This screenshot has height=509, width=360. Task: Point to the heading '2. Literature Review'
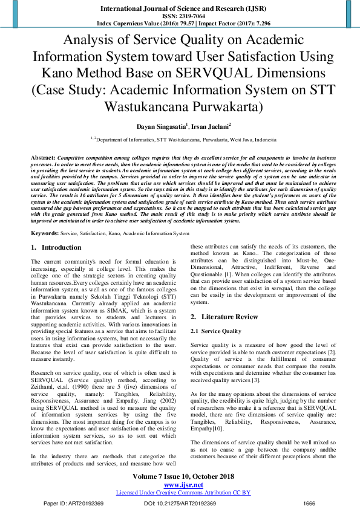226,317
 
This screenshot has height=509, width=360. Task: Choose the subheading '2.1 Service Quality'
220,331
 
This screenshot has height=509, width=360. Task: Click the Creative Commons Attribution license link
183,493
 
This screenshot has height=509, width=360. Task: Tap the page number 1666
310,502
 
